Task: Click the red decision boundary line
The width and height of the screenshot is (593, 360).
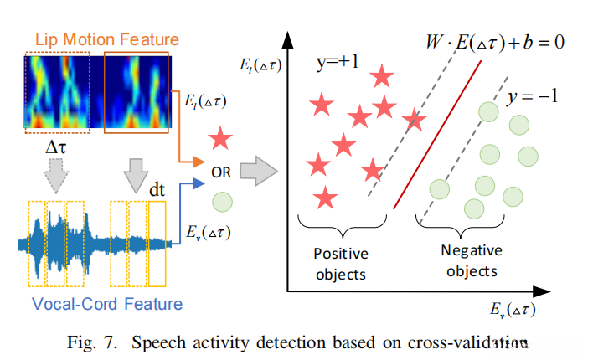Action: (x=437, y=134)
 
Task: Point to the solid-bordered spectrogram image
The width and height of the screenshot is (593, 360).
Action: (x=136, y=91)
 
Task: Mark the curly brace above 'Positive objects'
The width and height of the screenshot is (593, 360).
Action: (x=339, y=228)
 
